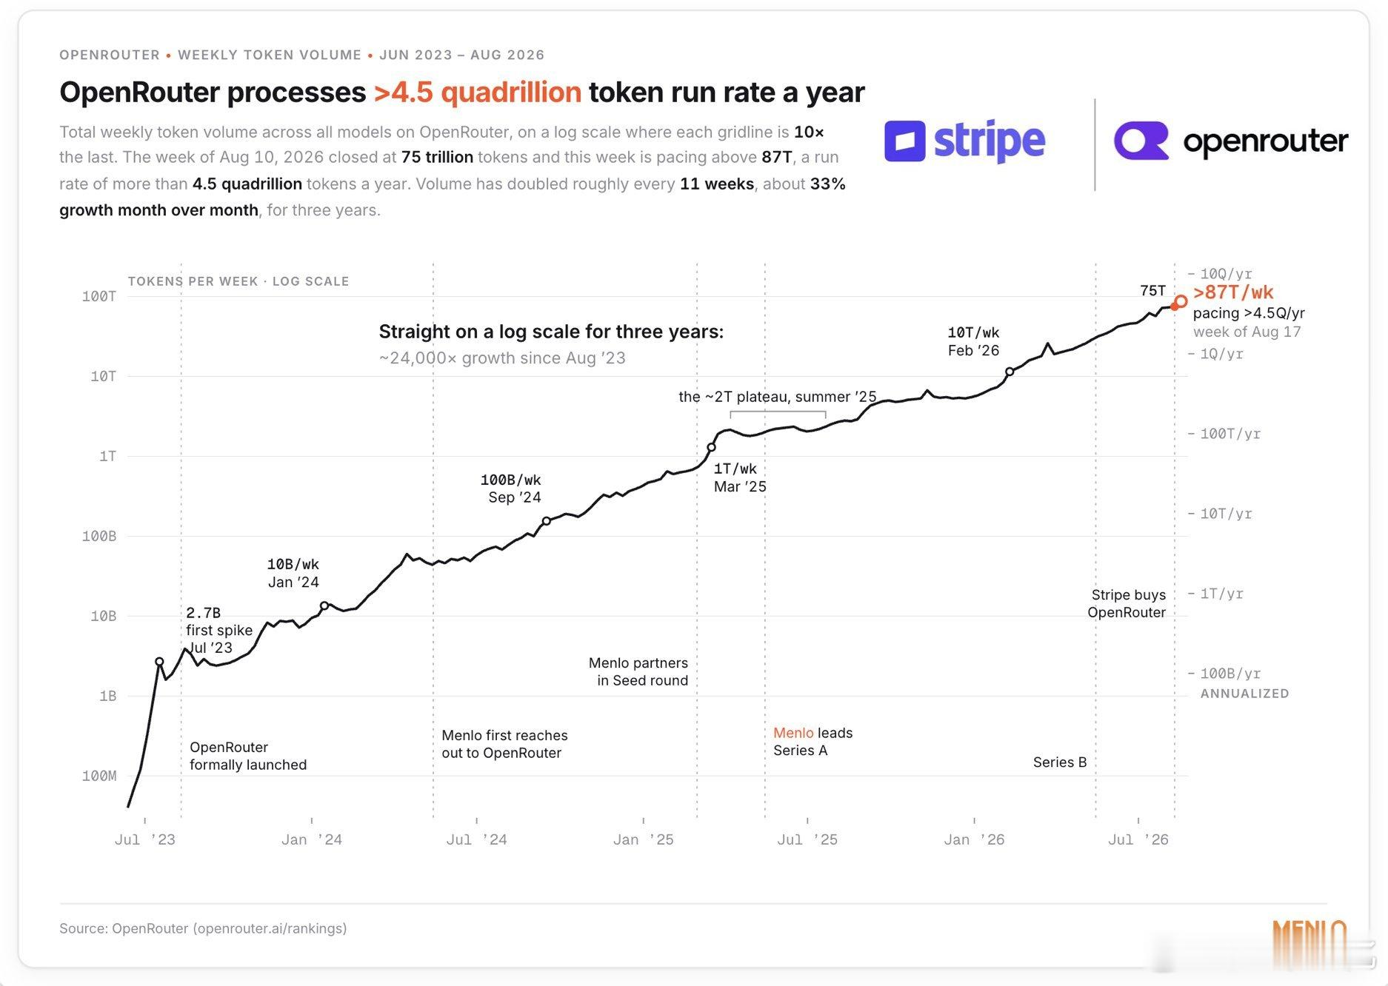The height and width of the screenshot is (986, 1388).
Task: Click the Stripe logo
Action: [x=964, y=141]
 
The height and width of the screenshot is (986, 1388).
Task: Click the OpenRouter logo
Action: [x=1231, y=141]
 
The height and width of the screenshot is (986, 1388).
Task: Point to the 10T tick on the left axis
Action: [x=103, y=376]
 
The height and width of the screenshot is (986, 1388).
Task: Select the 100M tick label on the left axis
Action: [x=99, y=776]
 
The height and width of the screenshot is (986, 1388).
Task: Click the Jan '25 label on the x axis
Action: [x=643, y=839]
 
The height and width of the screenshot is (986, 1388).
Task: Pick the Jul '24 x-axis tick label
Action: [x=476, y=839]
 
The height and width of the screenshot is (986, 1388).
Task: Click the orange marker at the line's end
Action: [x=1181, y=301]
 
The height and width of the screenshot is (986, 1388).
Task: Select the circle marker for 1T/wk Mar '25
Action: [x=711, y=447]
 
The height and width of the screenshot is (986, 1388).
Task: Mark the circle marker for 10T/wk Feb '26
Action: [x=1010, y=372]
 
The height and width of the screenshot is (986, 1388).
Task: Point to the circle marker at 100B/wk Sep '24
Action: [x=547, y=521]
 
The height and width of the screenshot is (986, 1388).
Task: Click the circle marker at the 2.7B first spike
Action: [x=159, y=662]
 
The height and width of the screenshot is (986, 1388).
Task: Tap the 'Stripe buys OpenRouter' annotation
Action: [x=1127, y=603]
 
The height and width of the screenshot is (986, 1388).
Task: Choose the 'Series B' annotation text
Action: [x=1060, y=762]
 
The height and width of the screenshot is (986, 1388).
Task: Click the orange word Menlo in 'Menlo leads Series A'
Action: [x=793, y=733]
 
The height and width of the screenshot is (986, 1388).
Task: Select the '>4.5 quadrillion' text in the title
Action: [x=478, y=93]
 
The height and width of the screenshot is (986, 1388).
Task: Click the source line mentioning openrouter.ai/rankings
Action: [x=203, y=928]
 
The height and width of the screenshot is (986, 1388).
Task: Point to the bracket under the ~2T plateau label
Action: [x=778, y=412]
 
